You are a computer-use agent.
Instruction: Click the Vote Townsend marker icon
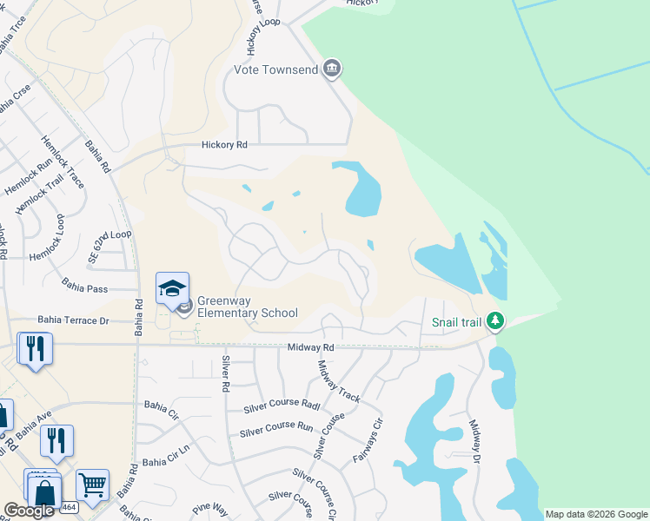331,69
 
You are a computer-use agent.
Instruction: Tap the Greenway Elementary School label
248,307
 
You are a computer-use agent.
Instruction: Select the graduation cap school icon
172,287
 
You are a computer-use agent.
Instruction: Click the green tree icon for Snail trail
495,322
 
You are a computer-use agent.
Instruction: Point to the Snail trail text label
456,323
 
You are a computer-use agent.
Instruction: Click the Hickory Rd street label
224,146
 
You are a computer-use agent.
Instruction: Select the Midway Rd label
312,347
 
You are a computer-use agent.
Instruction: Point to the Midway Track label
340,381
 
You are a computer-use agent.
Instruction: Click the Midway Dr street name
475,442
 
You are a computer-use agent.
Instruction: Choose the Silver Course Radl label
282,406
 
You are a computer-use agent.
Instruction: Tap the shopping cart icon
92,485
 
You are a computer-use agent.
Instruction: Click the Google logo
30,511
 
